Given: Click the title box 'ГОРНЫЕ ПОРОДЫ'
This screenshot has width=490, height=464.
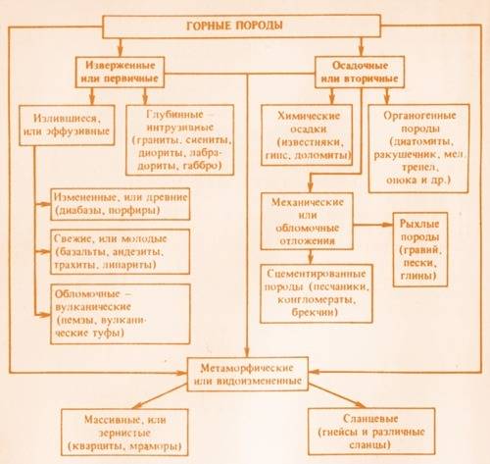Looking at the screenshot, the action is pyautogui.click(x=242, y=26).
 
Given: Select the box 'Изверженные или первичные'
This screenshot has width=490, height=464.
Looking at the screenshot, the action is pyautogui.click(x=120, y=72).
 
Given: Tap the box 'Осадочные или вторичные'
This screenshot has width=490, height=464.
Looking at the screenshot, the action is pyautogui.click(x=360, y=72).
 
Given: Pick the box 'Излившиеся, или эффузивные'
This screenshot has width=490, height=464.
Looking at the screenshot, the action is pyautogui.click(x=67, y=125).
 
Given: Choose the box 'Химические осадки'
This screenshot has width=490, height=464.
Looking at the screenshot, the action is pyautogui.click(x=307, y=134).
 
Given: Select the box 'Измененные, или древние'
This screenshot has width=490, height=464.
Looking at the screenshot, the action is pyautogui.click(x=121, y=204).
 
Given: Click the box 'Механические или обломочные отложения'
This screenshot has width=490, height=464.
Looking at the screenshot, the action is pyautogui.click(x=307, y=222).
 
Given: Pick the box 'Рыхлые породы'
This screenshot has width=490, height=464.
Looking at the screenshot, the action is pyautogui.click(x=420, y=249).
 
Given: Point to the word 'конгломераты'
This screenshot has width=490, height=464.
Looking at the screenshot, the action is pyautogui.click(x=316, y=299).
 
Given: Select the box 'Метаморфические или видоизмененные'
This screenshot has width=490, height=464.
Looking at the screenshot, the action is pyautogui.click(x=248, y=374).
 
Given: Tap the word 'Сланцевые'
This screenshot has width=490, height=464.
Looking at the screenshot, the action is pyautogui.click(x=370, y=419).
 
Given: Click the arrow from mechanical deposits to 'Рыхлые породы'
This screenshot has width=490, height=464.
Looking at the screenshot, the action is pyautogui.click(x=372, y=225).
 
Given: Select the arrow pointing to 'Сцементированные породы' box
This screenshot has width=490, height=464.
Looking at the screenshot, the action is pyautogui.click(x=311, y=257).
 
